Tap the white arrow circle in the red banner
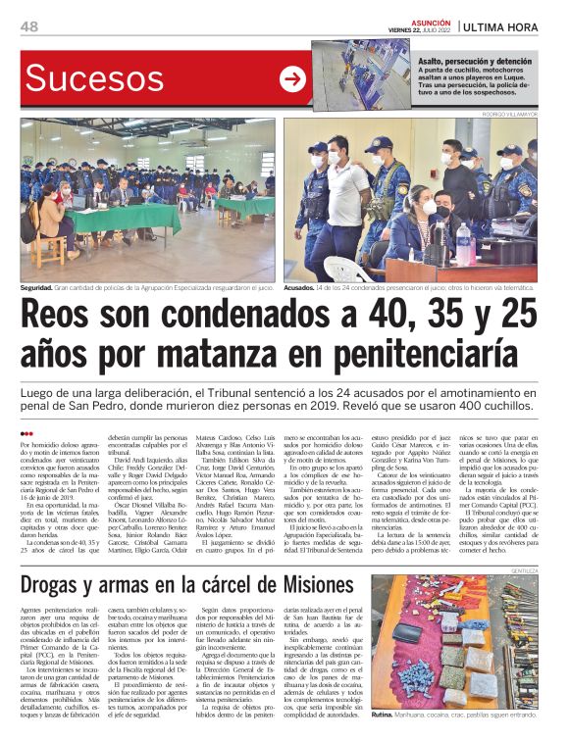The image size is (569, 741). coord(292,79)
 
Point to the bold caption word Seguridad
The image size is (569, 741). coord(36,289)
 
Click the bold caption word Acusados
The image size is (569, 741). coord(300,289)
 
